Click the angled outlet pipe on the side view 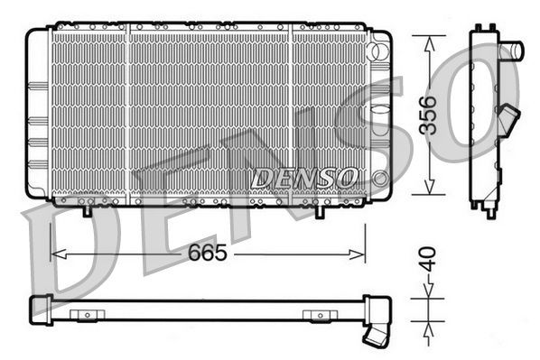pos(511,118)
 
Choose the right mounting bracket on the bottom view pos(318,315)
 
